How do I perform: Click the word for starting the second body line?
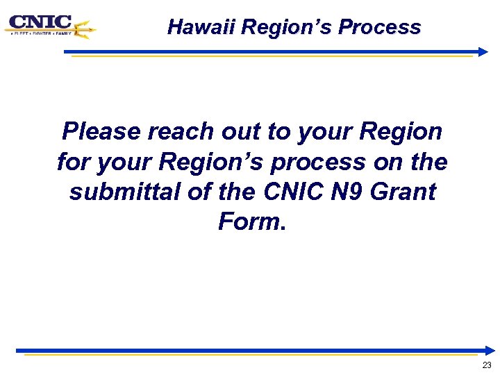(x=72, y=162)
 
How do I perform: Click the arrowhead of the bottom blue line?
(x=490, y=350)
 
